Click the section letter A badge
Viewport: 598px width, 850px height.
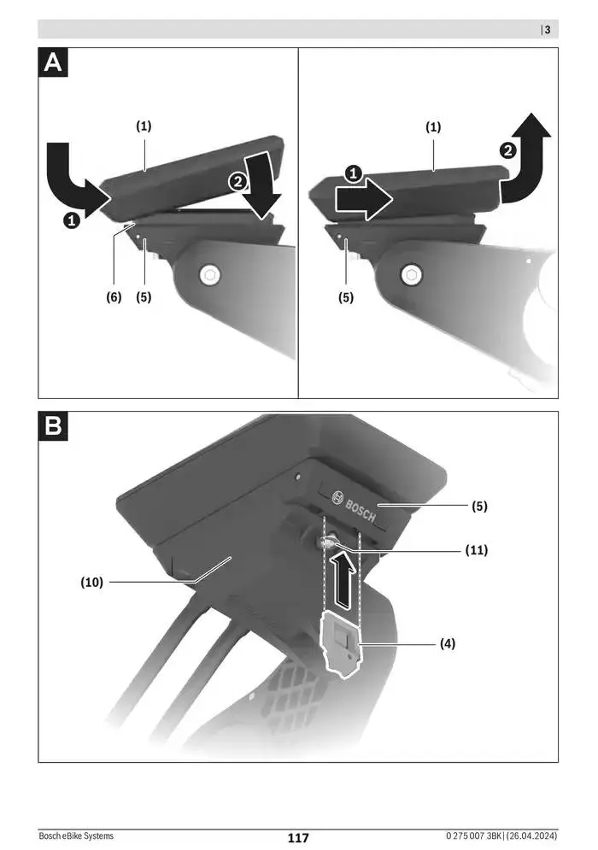click(x=54, y=63)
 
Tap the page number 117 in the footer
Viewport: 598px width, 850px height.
click(x=297, y=838)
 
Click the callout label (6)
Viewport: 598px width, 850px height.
click(x=114, y=297)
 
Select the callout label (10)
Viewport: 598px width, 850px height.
click(x=91, y=583)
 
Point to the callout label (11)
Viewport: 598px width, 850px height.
click(x=475, y=550)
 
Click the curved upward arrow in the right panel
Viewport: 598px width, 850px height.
click(x=527, y=158)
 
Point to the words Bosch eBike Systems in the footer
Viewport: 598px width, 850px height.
click(x=76, y=837)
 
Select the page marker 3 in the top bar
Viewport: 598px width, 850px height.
click(x=547, y=30)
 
